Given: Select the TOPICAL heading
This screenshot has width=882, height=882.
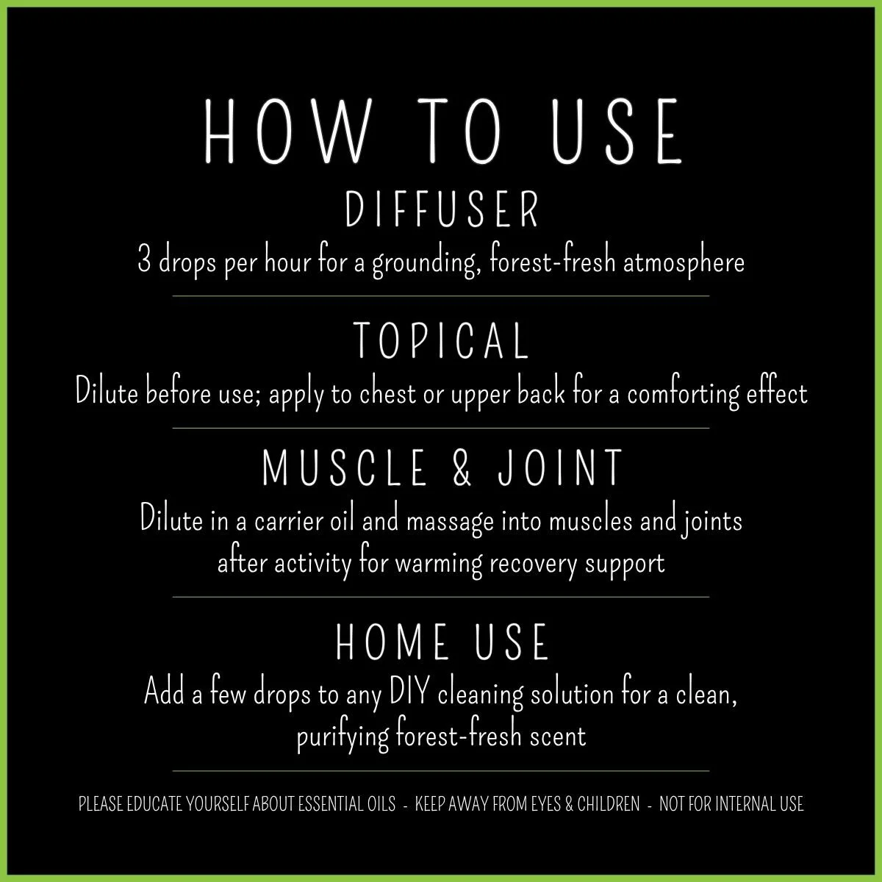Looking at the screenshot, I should click(x=441, y=340).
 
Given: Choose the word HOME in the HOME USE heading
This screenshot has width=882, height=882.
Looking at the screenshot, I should click(x=392, y=641).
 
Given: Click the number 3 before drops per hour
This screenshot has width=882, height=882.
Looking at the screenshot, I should click(x=144, y=262).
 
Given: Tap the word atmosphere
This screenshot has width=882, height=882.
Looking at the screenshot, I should click(x=684, y=262).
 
